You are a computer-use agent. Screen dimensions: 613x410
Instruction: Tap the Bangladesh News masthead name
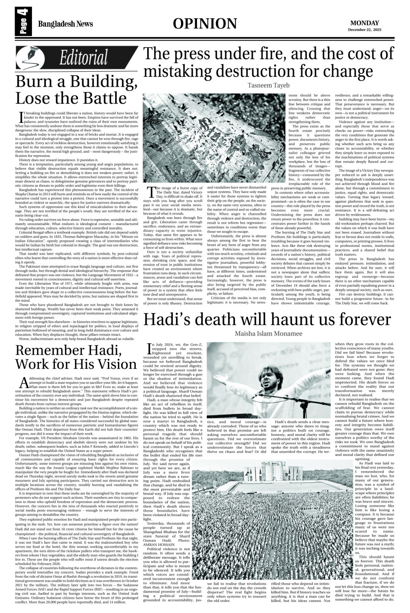(65, 24)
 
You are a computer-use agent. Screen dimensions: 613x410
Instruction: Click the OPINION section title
(205, 24)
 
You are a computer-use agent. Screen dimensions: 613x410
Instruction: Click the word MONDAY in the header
(365, 23)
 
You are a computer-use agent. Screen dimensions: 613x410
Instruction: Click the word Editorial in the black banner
(84, 58)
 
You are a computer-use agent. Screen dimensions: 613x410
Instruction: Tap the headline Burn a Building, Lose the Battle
(71, 90)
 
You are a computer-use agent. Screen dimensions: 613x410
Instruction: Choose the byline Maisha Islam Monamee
(275, 320)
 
